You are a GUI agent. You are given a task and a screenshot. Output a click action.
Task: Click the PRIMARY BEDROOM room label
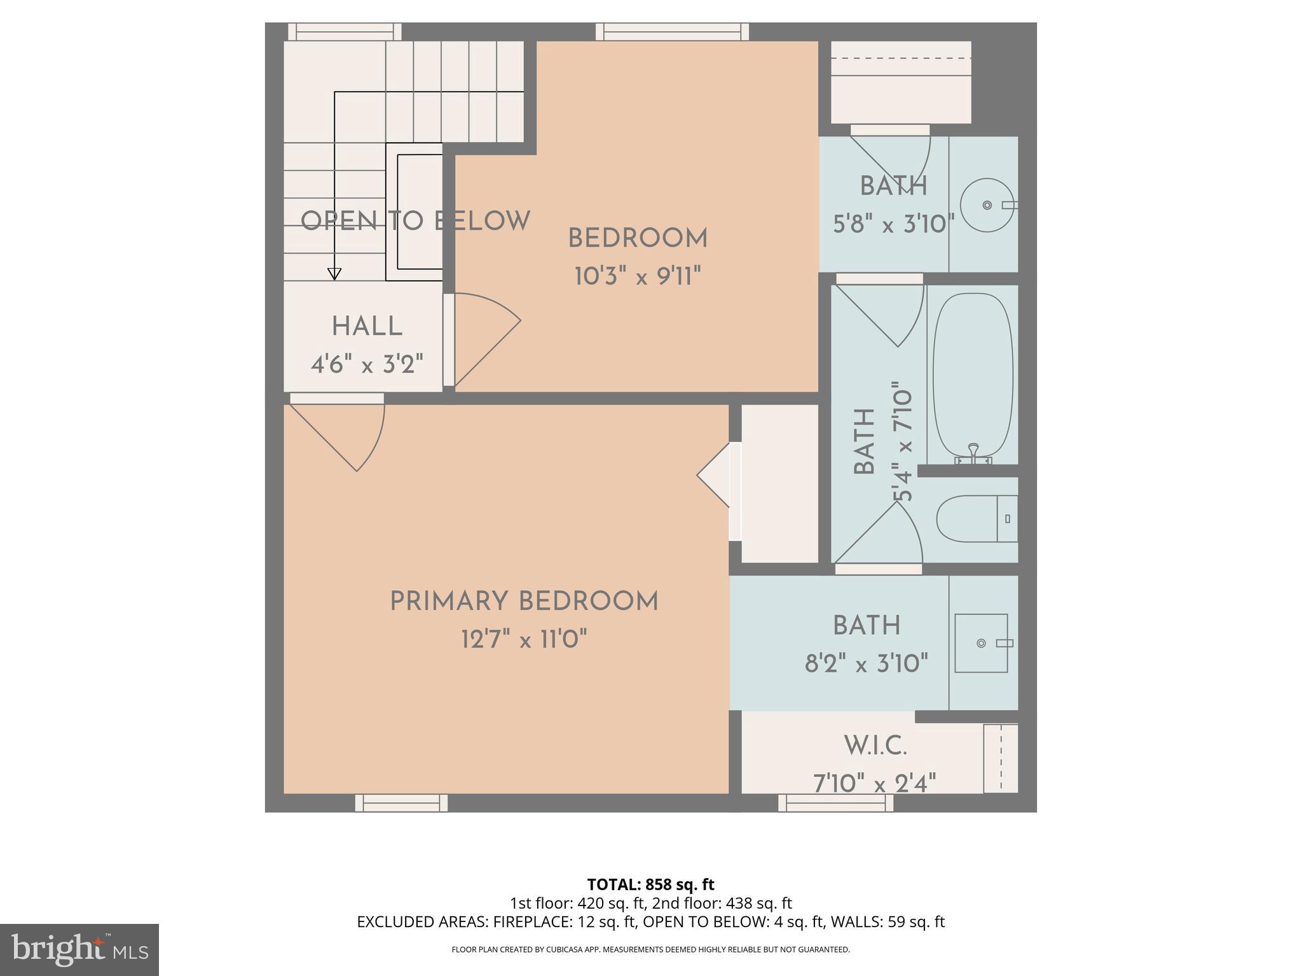click(x=524, y=601)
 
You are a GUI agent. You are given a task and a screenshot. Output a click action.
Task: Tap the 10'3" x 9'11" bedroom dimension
click(x=638, y=277)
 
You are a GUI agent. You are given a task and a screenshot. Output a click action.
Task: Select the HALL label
click(x=367, y=327)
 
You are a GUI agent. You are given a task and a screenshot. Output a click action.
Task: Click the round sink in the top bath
click(x=987, y=205)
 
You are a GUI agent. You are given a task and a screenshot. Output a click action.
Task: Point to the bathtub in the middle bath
click(x=973, y=375)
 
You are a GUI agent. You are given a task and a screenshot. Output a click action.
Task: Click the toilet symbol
click(x=976, y=518)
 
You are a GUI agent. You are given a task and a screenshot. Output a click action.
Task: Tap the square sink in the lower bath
click(x=981, y=643)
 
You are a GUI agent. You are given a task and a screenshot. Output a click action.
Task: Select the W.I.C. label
click(x=875, y=745)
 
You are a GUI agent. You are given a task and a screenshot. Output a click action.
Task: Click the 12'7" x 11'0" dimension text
click(x=524, y=639)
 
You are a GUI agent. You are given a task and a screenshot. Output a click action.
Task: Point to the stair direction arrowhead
click(x=334, y=274)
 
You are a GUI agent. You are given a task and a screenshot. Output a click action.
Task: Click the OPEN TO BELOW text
click(x=415, y=221)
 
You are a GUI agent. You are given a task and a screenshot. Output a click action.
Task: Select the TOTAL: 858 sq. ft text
click(x=650, y=884)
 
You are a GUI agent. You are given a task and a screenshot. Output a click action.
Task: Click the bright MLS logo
click(x=79, y=949)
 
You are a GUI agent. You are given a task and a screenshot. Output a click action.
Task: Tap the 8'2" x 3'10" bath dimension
click(x=867, y=665)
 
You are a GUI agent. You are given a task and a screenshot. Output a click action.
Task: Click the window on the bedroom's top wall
click(x=673, y=32)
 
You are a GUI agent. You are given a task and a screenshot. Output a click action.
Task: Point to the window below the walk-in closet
click(x=835, y=803)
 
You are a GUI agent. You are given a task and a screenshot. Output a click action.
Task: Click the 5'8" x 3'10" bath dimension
click(x=894, y=224)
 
